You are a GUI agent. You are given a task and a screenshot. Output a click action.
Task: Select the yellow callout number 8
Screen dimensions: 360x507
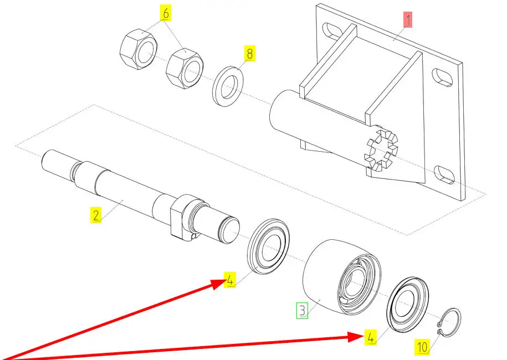[x=249, y=54]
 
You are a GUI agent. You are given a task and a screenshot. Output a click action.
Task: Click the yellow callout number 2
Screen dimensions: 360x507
[x=96, y=215]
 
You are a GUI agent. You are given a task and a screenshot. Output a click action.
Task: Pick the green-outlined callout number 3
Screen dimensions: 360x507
[x=301, y=310]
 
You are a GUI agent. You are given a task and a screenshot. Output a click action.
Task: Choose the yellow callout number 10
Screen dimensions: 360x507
[x=422, y=347]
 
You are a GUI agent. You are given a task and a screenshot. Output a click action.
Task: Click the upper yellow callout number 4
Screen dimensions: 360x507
[x=230, y=280]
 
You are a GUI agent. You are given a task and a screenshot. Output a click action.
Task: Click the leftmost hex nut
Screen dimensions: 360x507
[x=139, y=49]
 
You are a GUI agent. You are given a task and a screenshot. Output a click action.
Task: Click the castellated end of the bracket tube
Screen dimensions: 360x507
[x=380, y=150]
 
